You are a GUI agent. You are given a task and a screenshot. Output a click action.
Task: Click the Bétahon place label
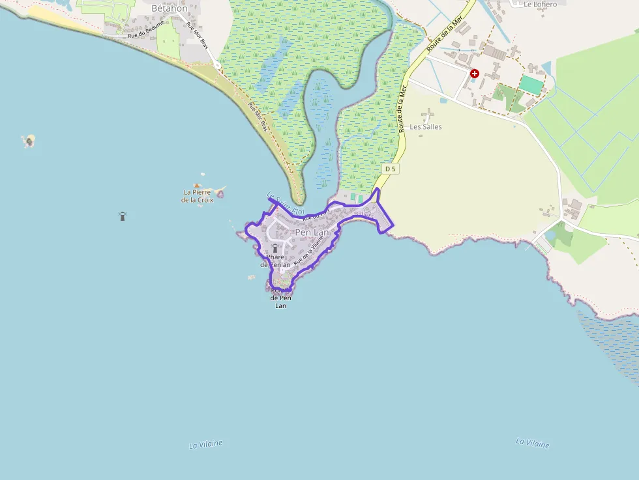point(169,8)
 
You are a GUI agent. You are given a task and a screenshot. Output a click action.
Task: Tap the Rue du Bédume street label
point(147,28)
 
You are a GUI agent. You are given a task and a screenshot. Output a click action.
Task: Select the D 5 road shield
point(390,169)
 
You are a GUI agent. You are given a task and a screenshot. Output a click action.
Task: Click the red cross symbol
point(475,74)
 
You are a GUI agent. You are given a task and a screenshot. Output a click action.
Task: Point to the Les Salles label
point(425,126)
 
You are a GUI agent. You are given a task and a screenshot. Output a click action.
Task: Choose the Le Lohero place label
point(540,4)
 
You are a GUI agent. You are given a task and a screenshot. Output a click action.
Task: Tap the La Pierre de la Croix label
point(197,196)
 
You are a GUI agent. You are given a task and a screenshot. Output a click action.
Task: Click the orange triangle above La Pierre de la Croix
point(197,185)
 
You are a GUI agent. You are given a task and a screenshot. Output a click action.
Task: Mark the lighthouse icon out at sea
point(122,216)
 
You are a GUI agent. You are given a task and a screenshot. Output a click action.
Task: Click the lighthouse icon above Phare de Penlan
point(275,248)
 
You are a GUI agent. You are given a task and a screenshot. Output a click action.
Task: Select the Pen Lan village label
point(312,232)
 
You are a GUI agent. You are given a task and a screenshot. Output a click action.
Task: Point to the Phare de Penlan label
point(275,261)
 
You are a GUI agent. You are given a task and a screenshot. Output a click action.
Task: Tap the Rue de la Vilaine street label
point(308,249)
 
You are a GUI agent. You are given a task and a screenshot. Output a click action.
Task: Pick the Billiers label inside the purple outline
point(363,214)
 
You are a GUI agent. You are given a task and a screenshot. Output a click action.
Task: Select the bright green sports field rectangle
point(531,85)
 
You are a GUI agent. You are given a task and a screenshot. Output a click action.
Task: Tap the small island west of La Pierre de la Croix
point(29,141)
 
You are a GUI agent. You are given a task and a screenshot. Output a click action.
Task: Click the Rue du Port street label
point(317,213)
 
